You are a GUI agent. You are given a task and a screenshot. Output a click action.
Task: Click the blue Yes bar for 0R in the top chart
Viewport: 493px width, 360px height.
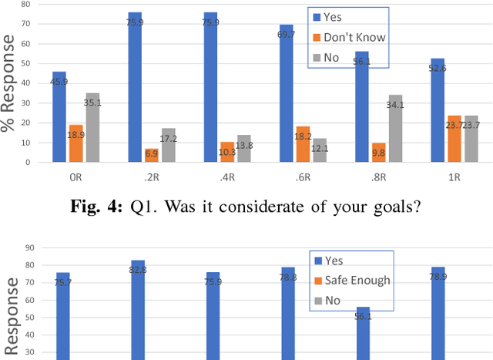click(59, 116)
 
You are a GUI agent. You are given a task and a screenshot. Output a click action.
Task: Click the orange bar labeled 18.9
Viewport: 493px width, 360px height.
click(75, 143)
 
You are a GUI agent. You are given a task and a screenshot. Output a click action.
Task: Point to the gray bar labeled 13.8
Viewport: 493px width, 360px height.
click(243, 148)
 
